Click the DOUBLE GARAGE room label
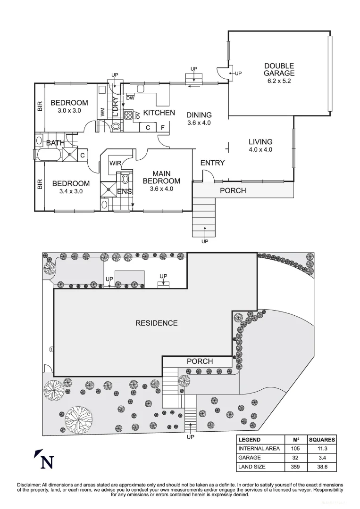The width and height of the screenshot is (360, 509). [279, 70]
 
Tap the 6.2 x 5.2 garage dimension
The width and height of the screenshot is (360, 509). [279, 81]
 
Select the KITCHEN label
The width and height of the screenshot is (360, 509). [159, 113]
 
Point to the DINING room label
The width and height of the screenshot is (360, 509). [199, 115]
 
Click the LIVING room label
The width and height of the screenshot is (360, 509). [260, 142]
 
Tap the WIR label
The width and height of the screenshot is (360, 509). [116, 164]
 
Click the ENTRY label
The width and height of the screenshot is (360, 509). [212, 163]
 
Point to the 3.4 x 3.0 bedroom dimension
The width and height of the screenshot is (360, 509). [71, 191]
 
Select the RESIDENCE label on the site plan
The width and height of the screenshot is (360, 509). [157, 323]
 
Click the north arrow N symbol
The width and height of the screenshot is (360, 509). [45, 461]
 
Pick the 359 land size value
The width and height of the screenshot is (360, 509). [296, 467]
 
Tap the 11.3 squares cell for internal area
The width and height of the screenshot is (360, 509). [322, 448]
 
